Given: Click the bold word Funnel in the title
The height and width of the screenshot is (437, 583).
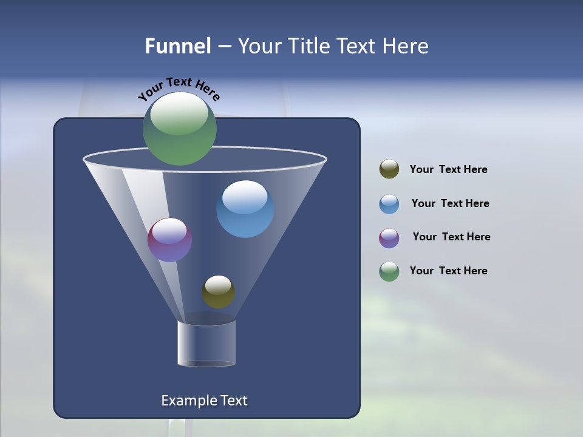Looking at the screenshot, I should tap(177, 46).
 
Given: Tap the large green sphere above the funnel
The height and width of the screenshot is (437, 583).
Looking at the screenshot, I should tap(180, 129).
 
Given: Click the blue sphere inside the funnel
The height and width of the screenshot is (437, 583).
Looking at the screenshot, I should tap(245, 209).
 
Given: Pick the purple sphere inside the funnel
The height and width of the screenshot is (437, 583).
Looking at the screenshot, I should tap(170, 240).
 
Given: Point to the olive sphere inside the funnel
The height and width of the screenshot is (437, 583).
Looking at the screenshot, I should tap(218, 292).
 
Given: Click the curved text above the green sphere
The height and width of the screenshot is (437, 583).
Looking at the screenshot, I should tap(179, 88).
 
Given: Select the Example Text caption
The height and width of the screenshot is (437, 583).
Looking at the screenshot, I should tap(204, 401).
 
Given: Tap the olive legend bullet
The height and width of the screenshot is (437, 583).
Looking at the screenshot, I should tap(389, 169).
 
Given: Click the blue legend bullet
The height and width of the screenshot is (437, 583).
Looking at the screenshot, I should tap(389, 204).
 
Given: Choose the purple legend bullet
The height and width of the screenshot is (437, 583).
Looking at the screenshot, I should tap(389, 238).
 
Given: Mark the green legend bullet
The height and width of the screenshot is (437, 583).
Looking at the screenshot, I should tap(389, 271).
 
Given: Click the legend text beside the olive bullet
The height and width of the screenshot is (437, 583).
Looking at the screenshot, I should tap(448, 170).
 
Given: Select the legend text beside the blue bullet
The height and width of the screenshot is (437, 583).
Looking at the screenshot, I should tap(450, 204).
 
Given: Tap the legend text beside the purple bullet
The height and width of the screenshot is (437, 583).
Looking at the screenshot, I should tap(451, 237).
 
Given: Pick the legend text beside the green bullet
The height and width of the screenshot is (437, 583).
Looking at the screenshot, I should tap(448, 271).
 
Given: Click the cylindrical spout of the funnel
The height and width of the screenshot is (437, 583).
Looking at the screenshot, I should tap(206, 343).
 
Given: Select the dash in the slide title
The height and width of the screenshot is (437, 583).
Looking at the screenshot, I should tap(223, 47).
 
